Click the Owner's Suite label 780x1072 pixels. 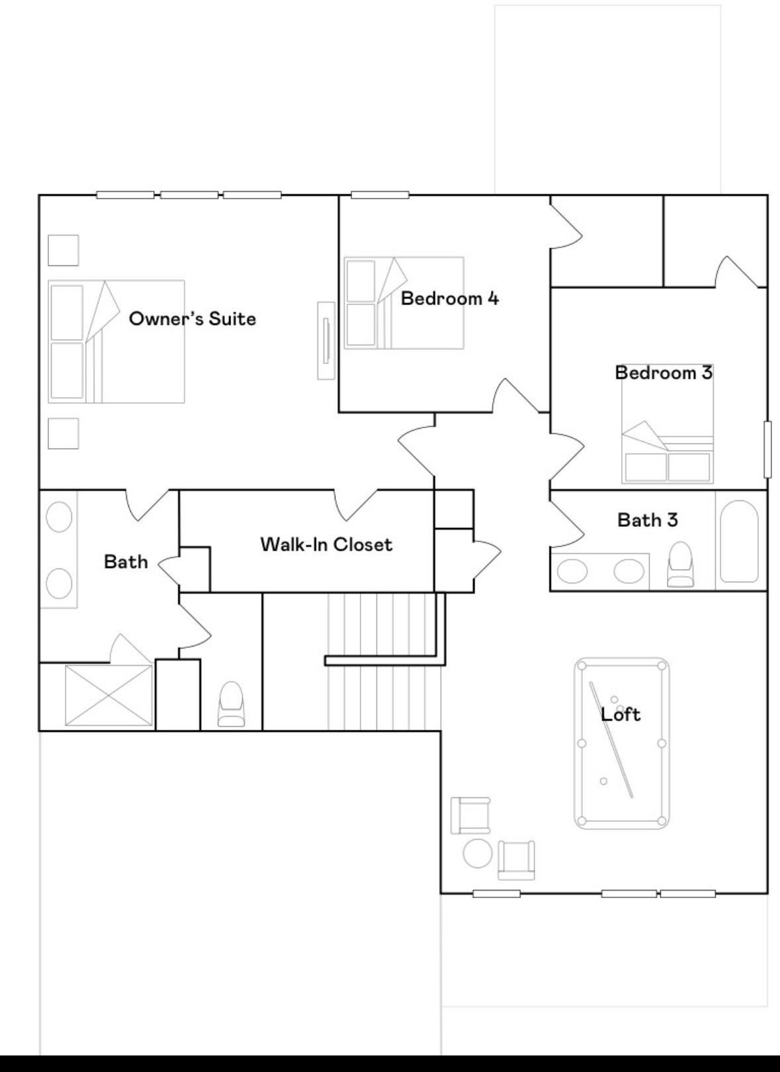click(x=192, y=319)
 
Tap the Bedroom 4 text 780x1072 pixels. click(x=449, y=298)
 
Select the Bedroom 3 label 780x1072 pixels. click(x=664, y=373)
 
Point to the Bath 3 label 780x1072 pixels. click(x=647, y=520)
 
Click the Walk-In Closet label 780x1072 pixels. click(x=326, y=545)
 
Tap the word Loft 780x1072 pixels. click(x=621, y=715)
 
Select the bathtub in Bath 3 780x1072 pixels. click(x=738, y=541)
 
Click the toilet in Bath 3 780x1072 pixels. click(x=680, y=565)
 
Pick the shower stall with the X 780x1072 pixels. click(x=109, y=695)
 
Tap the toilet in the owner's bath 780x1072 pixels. click(x=231, y=705)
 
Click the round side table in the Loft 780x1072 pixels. click(x=477, y=853)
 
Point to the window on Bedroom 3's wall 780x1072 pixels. click(x=767, y=449)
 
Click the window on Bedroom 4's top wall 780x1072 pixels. click(x=380, y=195)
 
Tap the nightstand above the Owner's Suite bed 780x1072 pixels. click(x=64, y=250)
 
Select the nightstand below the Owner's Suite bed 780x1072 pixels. click(x=64, y=433)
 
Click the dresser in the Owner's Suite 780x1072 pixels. click(x=326, y=340)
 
